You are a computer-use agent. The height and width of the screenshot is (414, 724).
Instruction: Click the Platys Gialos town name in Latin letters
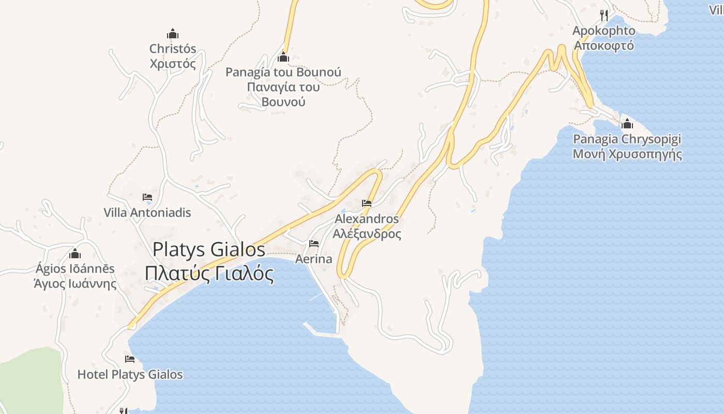[209, 250]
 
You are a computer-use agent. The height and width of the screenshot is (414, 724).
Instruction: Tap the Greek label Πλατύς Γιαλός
[209, 273]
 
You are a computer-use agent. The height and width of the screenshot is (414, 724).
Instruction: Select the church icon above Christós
[173, 34]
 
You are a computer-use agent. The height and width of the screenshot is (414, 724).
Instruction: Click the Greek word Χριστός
[173, 64]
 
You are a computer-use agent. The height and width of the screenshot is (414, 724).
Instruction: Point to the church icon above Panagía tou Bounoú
[283, 57]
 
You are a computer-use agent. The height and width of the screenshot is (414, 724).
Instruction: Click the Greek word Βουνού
[283, 101]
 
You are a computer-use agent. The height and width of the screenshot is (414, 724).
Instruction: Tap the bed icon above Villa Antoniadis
[147, 197]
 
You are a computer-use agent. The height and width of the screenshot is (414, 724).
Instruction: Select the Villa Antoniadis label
[147, 213]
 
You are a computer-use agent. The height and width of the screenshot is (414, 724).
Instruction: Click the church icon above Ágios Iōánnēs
[75, 254]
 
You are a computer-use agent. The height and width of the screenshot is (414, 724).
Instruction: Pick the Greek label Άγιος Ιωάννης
[75, 284]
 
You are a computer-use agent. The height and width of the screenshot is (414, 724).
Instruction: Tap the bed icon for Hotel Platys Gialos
[130, 359]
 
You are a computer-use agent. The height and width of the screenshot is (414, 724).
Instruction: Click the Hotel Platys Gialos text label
[130, 375]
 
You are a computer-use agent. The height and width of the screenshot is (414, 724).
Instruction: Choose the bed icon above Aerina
[314, 244]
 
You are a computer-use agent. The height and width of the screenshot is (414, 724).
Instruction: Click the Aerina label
[314, 259]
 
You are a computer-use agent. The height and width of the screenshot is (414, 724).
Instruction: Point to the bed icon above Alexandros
[367, 203]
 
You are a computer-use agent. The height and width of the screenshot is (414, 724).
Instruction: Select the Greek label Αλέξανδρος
[367, 233]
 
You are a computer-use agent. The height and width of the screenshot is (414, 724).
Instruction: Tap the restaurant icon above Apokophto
[604, 16]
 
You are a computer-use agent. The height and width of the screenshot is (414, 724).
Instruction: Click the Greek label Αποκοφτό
[604, 46]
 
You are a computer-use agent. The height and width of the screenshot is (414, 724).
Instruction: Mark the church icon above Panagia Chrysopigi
[627, 124]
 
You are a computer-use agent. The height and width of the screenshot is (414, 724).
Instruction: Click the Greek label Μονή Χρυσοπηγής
[627, 154]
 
